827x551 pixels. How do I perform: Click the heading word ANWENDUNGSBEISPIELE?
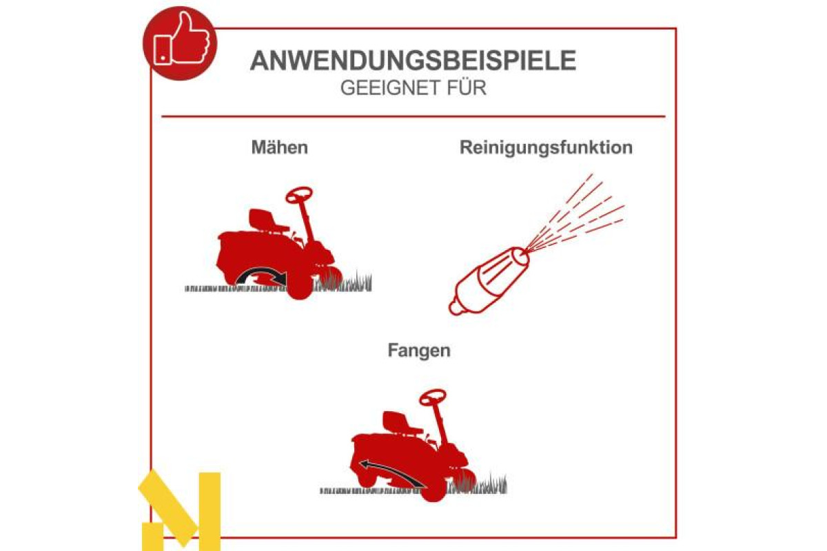coord(413,61)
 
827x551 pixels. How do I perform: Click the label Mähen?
coord(280,147)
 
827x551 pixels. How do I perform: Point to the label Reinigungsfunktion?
coord(546,148)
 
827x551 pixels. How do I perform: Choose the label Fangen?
coord(419,351)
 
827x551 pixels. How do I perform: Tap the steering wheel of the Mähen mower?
coord(299,195)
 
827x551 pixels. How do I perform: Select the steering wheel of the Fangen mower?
coord(433,398)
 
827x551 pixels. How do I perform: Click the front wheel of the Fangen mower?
coord(433,488)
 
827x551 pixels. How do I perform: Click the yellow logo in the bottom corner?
coord(180,510)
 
